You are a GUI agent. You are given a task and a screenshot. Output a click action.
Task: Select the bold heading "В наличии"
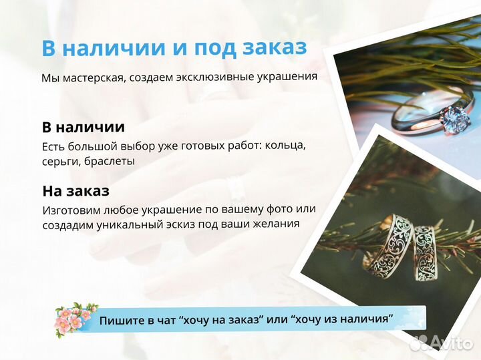(83, 127)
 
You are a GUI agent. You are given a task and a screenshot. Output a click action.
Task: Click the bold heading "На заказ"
(75, 190)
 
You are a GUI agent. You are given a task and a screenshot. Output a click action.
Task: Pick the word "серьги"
(62, 161)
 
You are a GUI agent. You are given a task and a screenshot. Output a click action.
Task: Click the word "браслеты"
(112, 161)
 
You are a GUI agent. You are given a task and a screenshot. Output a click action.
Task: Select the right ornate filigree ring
(425, 250)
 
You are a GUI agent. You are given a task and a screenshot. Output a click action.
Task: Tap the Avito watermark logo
(442, 342)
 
